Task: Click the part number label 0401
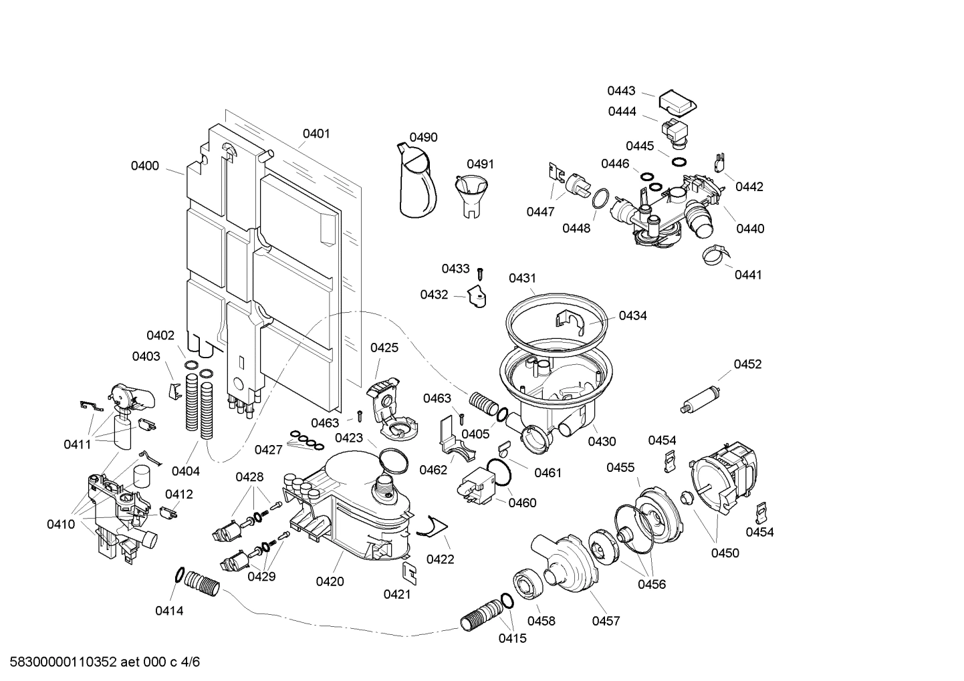(x=316, y=134)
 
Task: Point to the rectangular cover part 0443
(x=678, y=102)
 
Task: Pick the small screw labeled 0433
(x=480, y=273)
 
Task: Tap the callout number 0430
(x=602, y=442)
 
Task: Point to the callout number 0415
(x=512, y=638)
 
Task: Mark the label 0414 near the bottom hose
(x=169, y=610)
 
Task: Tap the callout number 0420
(x=330, y=581)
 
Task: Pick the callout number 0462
(x=433, y=470)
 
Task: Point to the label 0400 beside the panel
(x=144, y=166)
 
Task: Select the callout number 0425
(x=384, y=348)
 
